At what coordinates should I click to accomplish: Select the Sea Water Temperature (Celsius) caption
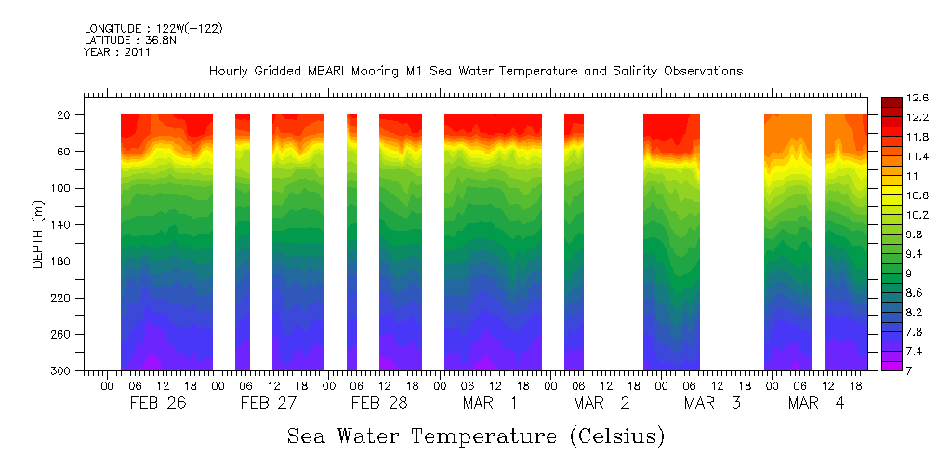pyautogui.click(x=476, y=435)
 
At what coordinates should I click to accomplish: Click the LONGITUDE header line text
pyautogui.click(x=153, y=29)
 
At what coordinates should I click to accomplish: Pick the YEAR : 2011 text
pyautogui.click(x=117, y=53)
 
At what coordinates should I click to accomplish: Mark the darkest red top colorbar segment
pyautogui.click(x=890, y=101)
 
